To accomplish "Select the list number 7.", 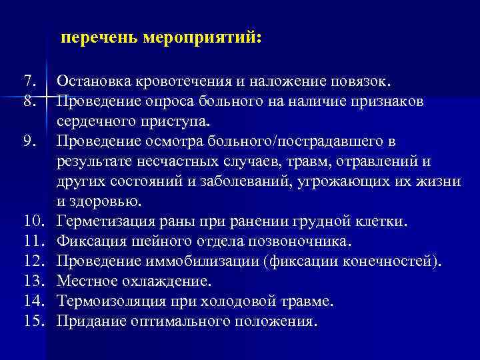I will point(29,82).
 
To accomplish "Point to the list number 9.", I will point(29,142).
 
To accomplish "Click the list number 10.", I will point(33,221).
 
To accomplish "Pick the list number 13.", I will point(33,281).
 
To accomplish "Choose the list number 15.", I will point(33,321).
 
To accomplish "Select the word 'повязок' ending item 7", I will point(363,82).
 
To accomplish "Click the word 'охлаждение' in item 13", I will point(160,281).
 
